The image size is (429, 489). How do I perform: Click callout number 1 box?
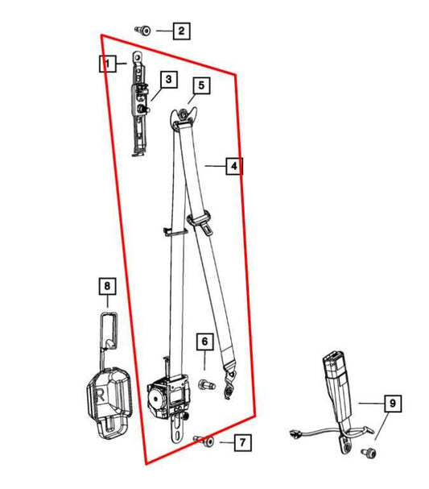coord(108,63)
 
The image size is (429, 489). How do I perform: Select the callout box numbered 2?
coord(181,32)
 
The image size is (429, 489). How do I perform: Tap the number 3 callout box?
coord(167,80)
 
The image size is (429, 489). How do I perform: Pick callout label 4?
coord(233,167)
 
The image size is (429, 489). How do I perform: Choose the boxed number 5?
coord(200,85)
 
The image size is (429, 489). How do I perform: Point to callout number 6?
coord(205,342)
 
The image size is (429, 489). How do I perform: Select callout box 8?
coord(106,284)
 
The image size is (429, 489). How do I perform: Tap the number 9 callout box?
coord(391,403)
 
